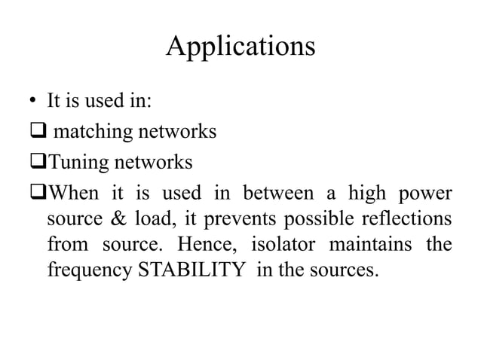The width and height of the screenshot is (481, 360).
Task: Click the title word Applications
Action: click(240, 47)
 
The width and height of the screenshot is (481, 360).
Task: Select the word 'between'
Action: click(274, 193)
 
